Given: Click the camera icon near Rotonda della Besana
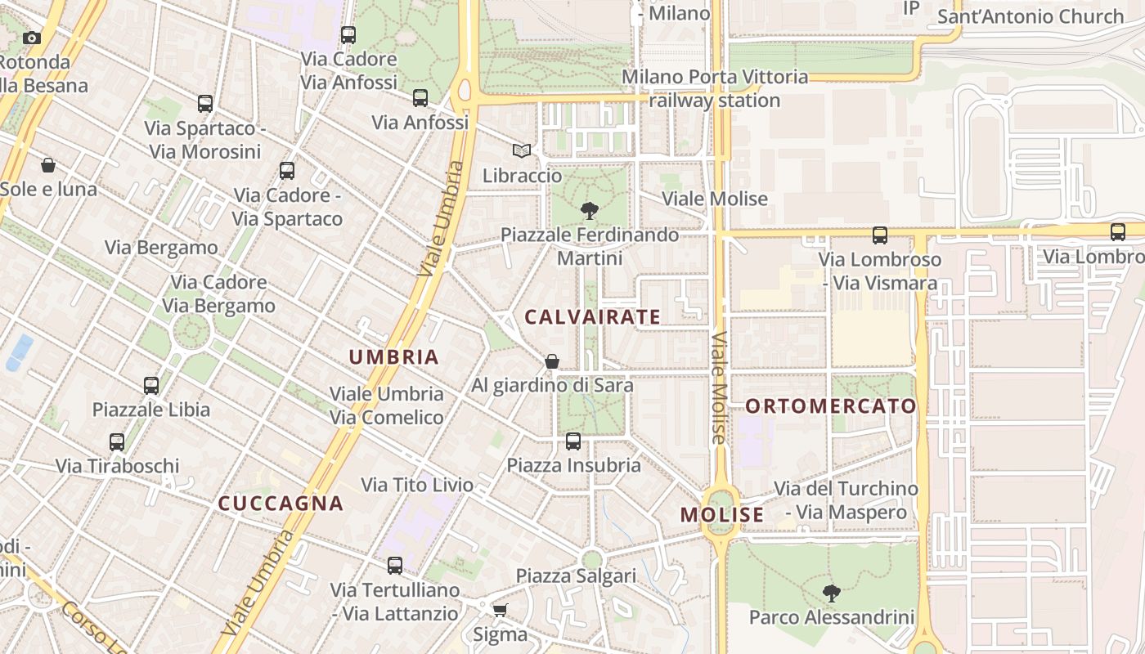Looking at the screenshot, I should point(32,38).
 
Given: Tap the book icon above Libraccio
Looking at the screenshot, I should point(522,150).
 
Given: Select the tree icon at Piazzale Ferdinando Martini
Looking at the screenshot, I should point(589,210).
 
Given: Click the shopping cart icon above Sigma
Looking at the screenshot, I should point(500,610).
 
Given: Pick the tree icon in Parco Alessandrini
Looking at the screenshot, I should point(832,593).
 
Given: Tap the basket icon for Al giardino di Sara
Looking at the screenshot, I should point(552,361).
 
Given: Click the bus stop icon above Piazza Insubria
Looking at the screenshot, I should point(573,441).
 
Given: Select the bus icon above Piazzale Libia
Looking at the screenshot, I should point(151,385).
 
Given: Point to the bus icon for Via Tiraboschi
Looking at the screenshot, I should point(117,442).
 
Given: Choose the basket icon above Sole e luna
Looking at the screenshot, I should point(48,165).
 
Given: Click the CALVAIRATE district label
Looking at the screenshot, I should point(592,317).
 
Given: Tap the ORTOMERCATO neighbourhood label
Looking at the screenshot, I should point(831,406).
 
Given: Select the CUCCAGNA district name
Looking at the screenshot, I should point(281,504).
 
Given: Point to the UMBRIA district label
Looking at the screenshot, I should point(394,357).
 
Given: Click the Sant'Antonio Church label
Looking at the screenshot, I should point(1030,16).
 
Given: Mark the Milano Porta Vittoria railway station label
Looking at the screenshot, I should point(715,88).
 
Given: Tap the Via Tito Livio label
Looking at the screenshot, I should point(417,485).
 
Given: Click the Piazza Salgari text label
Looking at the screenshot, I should point(576,576).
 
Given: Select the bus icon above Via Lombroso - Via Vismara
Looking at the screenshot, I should point(880,235).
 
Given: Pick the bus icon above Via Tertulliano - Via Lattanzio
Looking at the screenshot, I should point(395,565).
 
